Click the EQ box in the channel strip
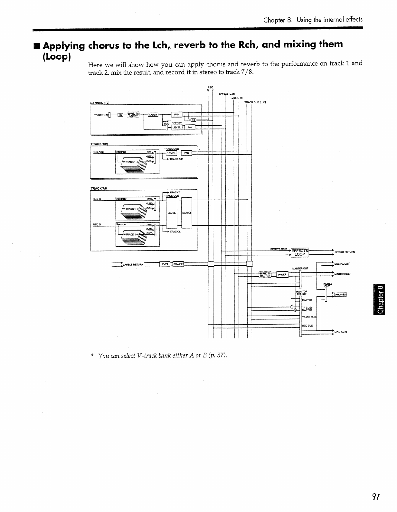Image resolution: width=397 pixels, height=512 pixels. (120, 115)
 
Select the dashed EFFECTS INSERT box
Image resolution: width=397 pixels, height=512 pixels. (133, 115)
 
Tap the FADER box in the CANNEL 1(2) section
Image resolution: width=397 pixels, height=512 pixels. (153, 115)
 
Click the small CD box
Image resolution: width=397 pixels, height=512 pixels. (193, 120)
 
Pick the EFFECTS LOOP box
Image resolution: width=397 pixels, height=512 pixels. (300, 252)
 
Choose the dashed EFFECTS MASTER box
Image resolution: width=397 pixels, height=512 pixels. (265, 274)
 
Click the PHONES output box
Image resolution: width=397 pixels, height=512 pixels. (340, 294)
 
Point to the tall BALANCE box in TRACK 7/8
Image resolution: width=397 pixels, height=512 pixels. (187, 213)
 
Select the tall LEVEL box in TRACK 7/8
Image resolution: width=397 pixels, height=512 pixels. (171, 213)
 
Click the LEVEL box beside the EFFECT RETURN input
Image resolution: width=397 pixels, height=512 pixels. (165, 264)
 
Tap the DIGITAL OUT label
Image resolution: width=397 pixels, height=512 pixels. (342, 264)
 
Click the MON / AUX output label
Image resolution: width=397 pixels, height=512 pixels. (341, 332)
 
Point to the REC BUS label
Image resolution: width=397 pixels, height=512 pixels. (307, 326)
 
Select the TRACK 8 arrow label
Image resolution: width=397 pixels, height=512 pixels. (175, 232)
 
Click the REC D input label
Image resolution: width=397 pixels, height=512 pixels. (97, 224)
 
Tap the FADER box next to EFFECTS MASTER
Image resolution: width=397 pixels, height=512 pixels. (282, 274)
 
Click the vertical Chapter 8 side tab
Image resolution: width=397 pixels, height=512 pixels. (380, 299)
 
